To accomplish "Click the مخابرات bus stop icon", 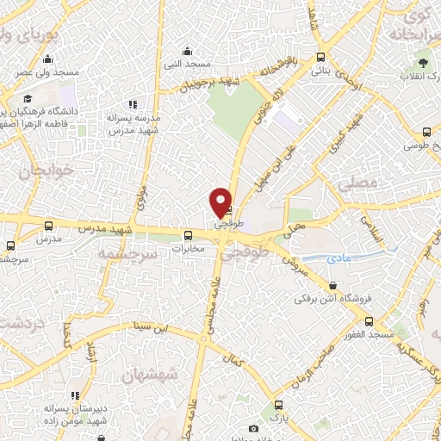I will [187, 235].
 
